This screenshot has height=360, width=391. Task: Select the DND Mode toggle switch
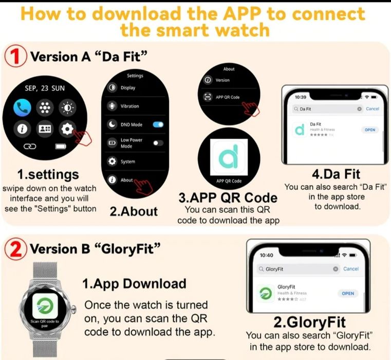click(x=158, y=124)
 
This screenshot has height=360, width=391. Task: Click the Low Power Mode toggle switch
click(x=158, y=143)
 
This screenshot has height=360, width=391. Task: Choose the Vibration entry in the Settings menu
click(x=129, y=106)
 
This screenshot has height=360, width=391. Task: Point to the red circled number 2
click(x=15, y=249)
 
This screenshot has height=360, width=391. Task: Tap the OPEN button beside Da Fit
click(x=370, y=130)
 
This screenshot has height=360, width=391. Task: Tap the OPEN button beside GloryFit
click(x=348, y=293)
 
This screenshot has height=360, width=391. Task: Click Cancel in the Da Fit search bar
click(x=372, y=109)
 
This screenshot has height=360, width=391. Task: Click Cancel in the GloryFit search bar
click(x=351, y=269)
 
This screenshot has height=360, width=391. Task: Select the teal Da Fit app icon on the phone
click(x=299, y=130)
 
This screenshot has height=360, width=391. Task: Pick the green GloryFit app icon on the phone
click(x=266, y=293)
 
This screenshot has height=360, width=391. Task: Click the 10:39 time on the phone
click(x=302, y=96)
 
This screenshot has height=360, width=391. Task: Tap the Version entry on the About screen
click(x=222, y=80)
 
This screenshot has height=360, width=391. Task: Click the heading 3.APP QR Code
click(x=227, y=197)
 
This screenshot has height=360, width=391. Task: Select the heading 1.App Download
click(x=134, y=283)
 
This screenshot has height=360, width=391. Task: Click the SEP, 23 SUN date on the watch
click(x=45, y=88)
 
